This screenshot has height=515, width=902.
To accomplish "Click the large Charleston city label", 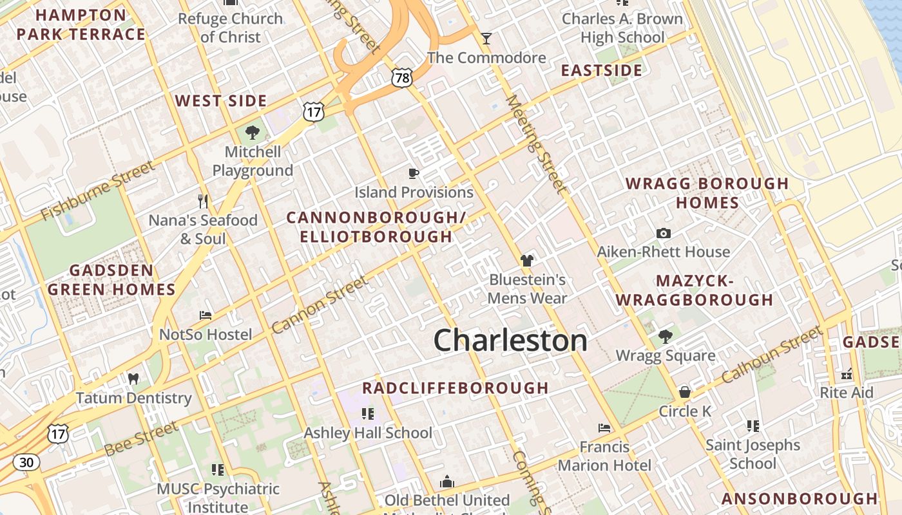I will pos(510,340).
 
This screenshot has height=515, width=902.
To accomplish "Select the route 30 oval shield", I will pos(26,462).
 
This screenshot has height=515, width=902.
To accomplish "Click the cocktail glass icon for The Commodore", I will pos(486,39).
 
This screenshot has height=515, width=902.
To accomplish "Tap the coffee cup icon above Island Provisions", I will pos(414,173).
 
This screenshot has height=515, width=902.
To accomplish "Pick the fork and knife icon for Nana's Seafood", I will pos(203,201).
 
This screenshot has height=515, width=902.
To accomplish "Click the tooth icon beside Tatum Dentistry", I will pos(133,379).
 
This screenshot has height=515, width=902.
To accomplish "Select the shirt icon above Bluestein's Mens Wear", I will pos(527,261).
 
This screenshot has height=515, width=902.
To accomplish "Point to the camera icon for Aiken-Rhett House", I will pos(664,233).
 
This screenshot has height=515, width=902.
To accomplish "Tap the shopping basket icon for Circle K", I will pos(685,392).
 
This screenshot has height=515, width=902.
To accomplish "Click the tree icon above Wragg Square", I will pos(666,336).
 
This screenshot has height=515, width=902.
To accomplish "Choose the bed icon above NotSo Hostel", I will pos(206,315).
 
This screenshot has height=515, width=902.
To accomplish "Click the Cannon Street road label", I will pos(320,304).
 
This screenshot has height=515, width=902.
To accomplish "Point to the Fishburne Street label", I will pos(98,191).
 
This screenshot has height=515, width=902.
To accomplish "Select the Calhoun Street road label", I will pos(772,354).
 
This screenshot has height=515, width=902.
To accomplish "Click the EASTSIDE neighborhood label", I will pos(602,70).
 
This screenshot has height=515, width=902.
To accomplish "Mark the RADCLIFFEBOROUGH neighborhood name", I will pos(455,388).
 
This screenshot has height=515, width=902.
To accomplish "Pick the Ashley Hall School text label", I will pos(368,433).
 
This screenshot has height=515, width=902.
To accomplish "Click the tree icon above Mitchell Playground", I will pos(253,133).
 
